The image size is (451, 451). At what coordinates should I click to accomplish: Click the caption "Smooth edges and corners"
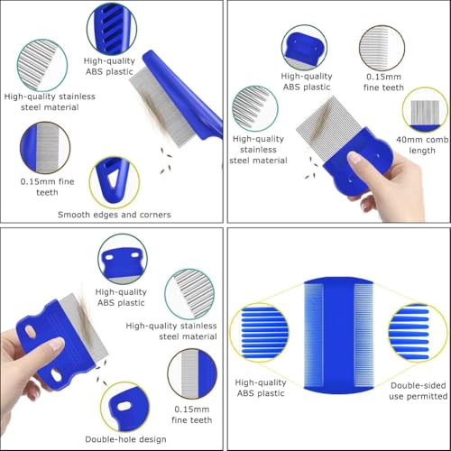coord(115,215)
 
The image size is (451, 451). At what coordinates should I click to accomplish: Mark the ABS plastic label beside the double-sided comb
coord(262,388)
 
